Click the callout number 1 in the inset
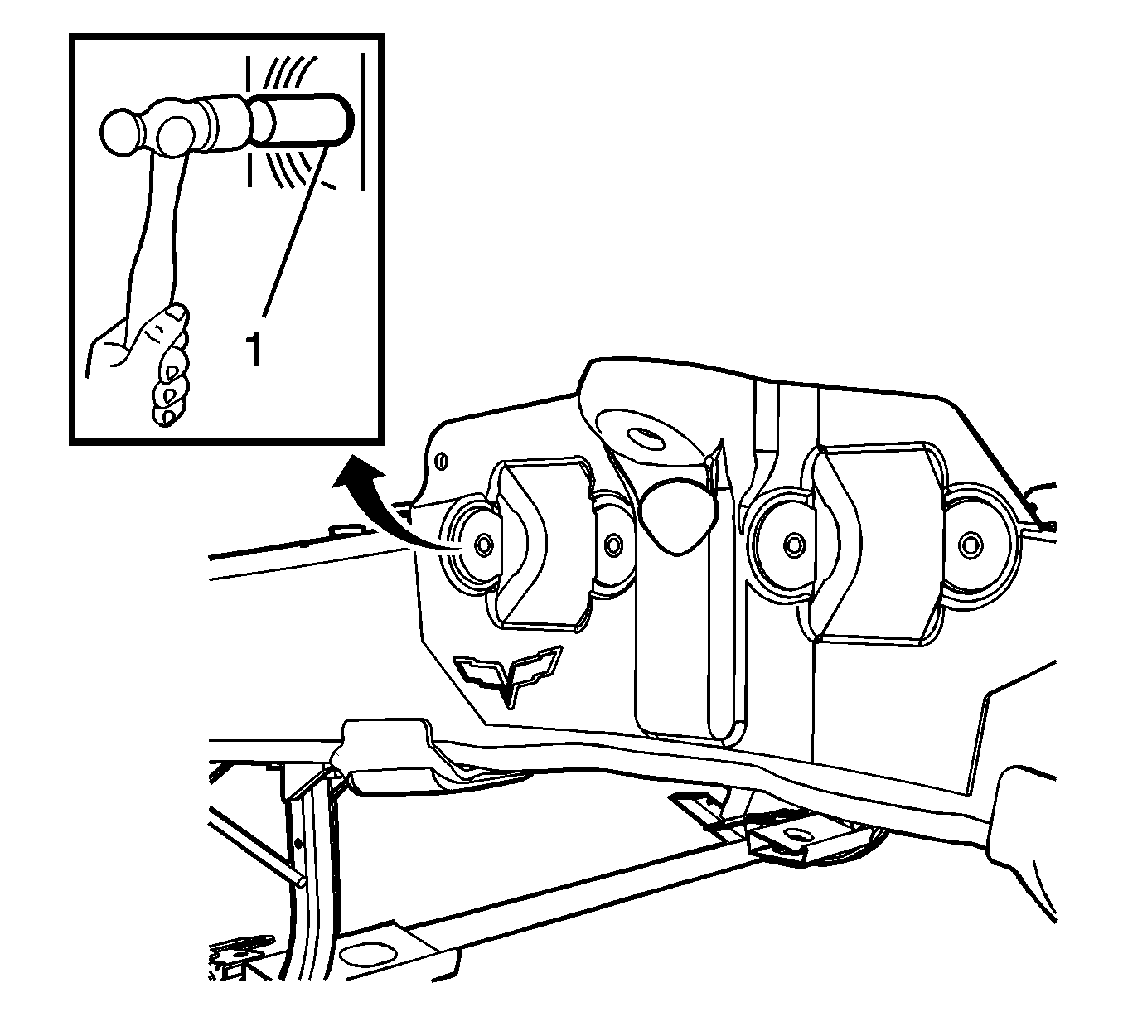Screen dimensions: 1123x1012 tap(254, 349)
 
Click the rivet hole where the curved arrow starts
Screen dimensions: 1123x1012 tap(482, 543)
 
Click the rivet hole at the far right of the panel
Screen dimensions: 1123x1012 tap(970, 544)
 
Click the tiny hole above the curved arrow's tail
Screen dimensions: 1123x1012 tap(442, 460)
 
